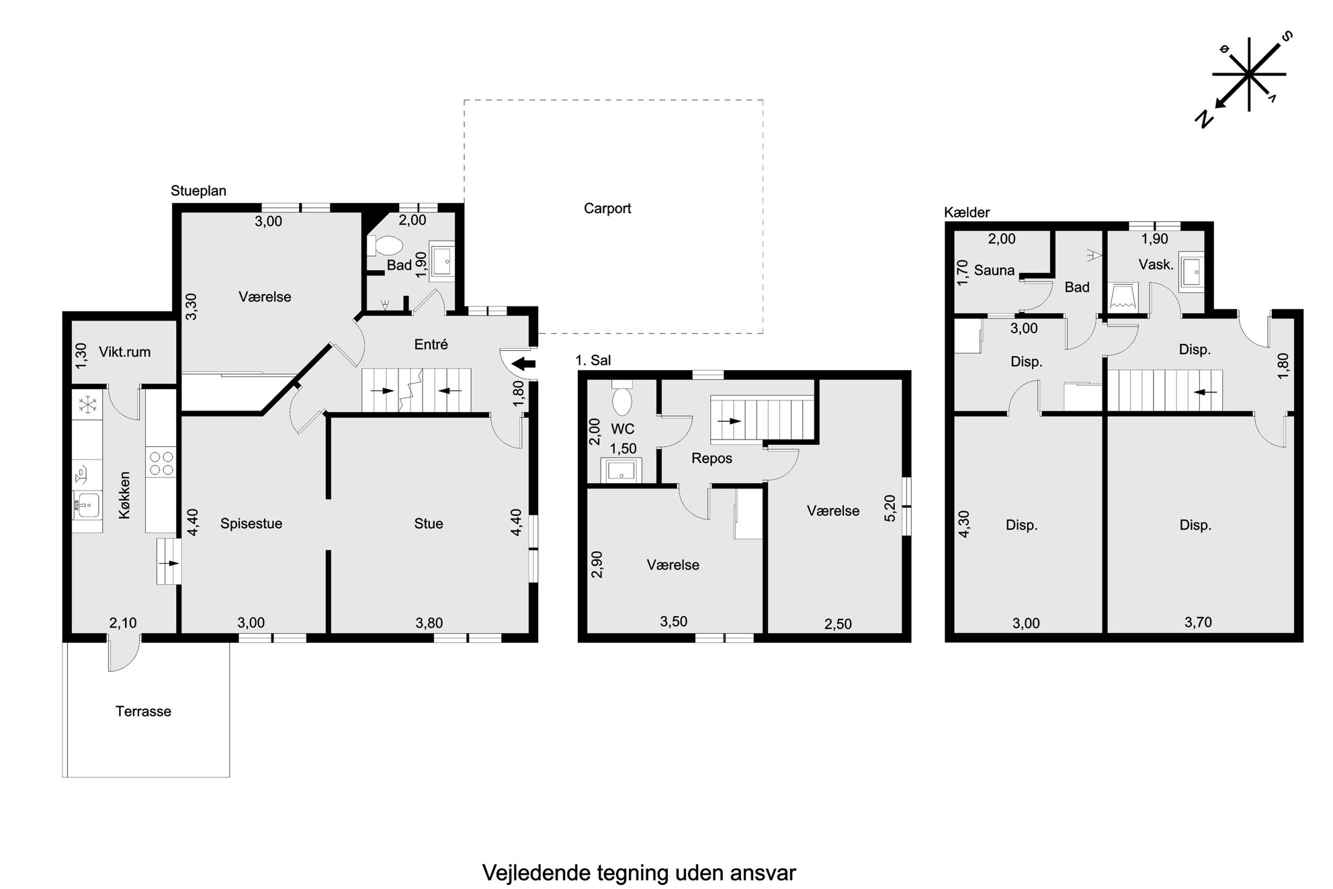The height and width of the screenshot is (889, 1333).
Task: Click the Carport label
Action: [x=607, y=208]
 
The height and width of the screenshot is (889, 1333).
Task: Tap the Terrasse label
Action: [x=143, y=711]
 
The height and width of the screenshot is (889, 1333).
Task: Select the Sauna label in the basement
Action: [x=994, y=270]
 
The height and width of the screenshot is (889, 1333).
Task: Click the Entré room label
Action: [x=431, y=344]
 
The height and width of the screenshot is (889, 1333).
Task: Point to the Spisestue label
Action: [x=251, y=523]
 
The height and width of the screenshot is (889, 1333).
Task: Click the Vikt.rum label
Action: [x=124, y=351]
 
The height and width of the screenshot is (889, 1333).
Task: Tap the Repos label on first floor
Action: [x=712, y=458]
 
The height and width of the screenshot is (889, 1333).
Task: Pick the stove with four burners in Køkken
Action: [x=161, y=462]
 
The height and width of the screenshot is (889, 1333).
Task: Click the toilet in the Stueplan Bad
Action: [x=385, y=246]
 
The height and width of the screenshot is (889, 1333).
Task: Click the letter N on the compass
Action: [x=1204, y=120]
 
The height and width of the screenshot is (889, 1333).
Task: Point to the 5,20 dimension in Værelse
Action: [x=890, y=508]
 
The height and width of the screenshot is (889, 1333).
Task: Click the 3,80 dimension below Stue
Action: [x=429, y=623]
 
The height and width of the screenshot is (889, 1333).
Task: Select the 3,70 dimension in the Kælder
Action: [x=1198, y=622]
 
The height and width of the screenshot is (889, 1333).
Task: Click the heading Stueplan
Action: [x=198, y=191]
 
